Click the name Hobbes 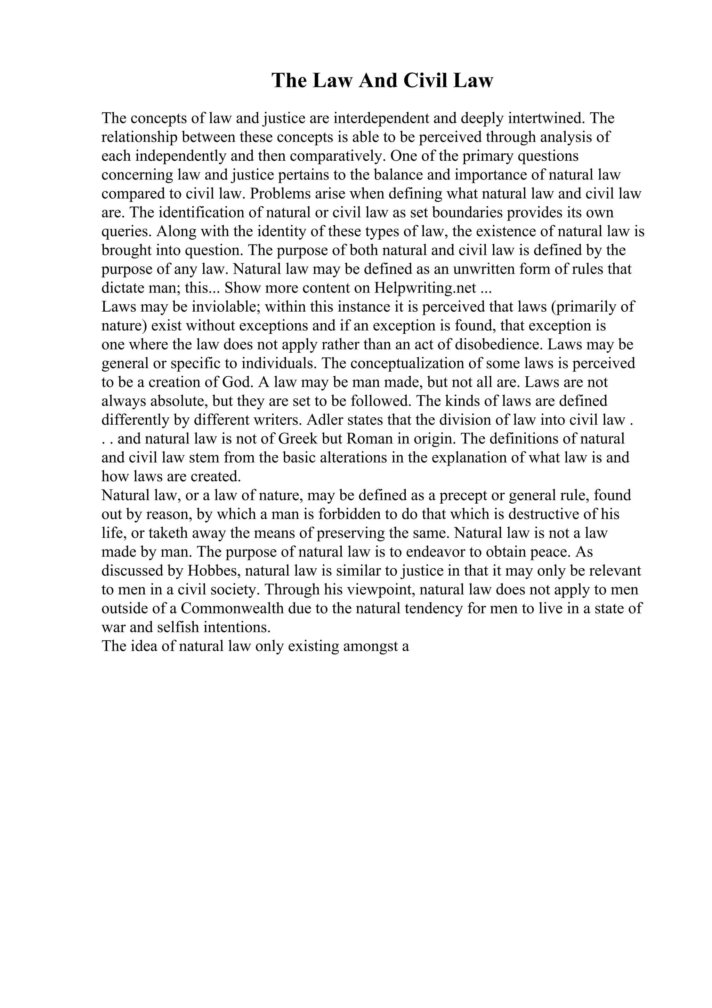click(x=213, y=571)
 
